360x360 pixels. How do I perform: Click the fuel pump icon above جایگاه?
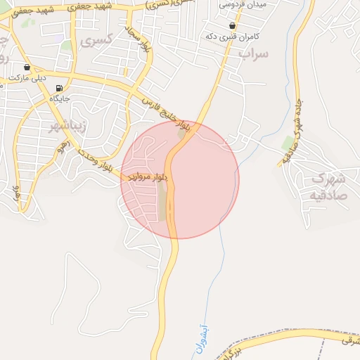click(59, 89)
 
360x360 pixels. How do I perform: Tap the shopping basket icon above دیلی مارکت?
click(27, 67)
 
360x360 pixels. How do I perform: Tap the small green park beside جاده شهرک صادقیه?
click(288, 143)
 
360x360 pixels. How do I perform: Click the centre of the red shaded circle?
click(180, 179)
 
